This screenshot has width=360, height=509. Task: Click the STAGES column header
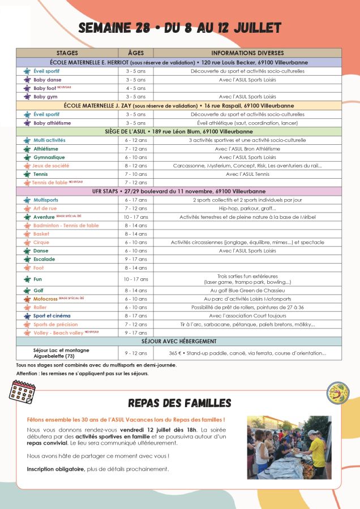tap(67, 53)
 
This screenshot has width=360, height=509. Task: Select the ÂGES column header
tap(136, 53)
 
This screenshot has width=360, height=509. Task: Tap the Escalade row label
tap(44, 259)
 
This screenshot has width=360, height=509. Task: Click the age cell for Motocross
tap(136, 299)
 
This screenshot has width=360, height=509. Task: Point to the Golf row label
tap(39, 290)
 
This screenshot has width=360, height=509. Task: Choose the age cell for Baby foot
tap(136, 88)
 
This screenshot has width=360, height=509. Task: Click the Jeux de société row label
tap(51, 166)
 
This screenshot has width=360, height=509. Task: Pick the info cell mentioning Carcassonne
tap(247, 166)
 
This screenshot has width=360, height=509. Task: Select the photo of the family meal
tap(289, 447)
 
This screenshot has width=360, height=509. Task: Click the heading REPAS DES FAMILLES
tap(179, 403)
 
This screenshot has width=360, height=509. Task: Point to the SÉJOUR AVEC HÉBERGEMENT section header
tap(179, 341)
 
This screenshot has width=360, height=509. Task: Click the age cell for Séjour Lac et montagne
tap(136, 353)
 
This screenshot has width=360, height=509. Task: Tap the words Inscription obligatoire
tap(55, 469)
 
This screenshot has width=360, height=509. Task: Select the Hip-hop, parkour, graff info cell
tap(247, 208)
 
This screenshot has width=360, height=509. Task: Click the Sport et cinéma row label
tap(52, 316)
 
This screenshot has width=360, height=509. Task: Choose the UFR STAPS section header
tap(179, 191)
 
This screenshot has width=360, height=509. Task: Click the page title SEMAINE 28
tap(179, 28)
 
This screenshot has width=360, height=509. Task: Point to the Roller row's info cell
tap(247, 307)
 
